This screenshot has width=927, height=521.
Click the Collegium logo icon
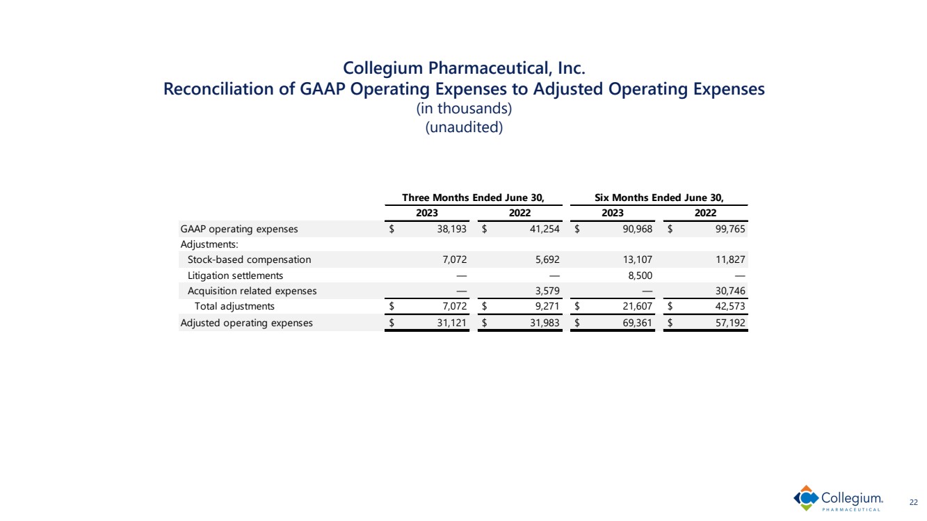(806, 498)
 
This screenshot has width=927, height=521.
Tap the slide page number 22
(914, 502)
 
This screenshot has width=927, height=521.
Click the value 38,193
(450, 229)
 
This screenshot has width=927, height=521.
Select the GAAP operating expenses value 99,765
(728, 229)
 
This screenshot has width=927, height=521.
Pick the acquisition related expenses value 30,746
(728, 291)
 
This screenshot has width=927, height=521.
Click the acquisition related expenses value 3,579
(545, 291)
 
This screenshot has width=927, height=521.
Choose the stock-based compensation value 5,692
(545, 259)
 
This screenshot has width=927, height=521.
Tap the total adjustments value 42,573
(728, 306)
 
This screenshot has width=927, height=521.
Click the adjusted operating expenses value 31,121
(450, 323)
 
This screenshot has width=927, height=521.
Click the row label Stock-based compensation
(249, 259)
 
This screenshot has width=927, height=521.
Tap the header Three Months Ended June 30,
(472, 197)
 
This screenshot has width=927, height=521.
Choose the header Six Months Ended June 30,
(658, 197)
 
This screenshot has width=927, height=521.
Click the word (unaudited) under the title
(463, 128)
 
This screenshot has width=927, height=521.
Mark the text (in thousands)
(463, 109)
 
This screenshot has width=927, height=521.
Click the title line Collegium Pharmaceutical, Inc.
(464, 68)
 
